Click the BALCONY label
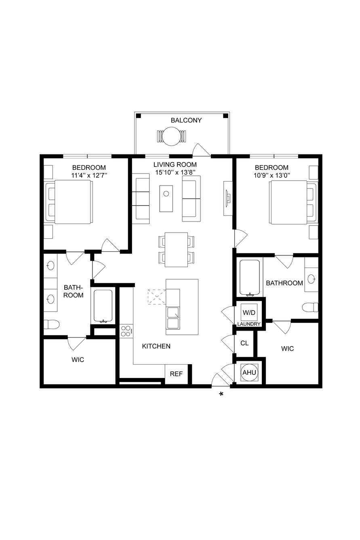[186, 120]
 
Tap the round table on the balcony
[171, 137]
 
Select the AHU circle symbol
[249, 373]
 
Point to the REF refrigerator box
[177, 374]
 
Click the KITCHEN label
[156, 346]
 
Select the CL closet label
[244, 343]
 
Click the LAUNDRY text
[249, 324]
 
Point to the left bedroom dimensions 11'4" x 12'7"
[89, 175]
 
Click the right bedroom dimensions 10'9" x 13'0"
[272, 175]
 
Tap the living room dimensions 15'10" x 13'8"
[175, 173]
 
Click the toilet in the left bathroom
[51, 325]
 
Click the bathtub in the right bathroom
[250, 278]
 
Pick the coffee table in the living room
[166, 198]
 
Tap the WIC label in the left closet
[78, 360]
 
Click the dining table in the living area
[176, 249]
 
